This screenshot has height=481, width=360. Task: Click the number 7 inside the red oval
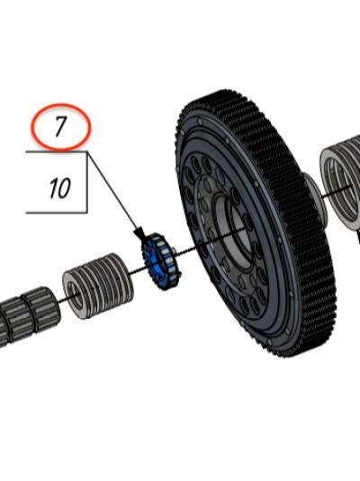coord(60,127)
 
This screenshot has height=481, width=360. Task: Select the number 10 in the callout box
coord(59,188)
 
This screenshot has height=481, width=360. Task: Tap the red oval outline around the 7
coord(61,104)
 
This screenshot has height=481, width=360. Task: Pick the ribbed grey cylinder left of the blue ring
coord(98,286)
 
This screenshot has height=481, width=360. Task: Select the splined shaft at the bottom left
coord(28,316)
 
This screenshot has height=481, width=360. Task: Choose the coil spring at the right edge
coord(341,181)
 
